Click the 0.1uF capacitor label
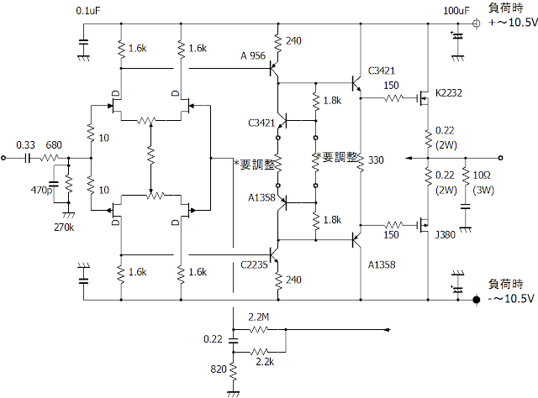(88, 11)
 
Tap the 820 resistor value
(216, 369)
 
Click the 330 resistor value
(376, 160)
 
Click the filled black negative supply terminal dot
(477, 297)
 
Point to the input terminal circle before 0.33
(4, 157)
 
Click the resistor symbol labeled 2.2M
(259, 329)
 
